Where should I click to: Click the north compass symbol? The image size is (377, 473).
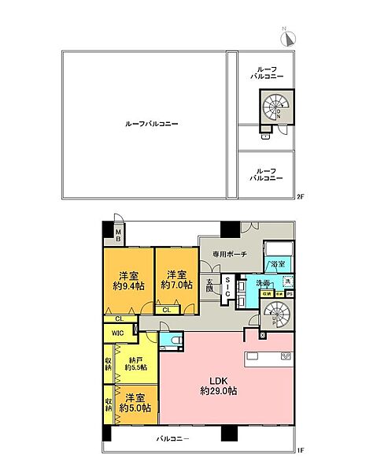click(x=287, y=37)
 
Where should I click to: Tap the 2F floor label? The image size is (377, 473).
click(x=300, y=197)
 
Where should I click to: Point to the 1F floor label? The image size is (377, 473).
click(x=300, y=450)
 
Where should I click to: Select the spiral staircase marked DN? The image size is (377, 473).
click(x=277, y=106)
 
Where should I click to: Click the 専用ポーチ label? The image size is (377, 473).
click(x=230, y=254)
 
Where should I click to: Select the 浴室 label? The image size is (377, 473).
click(x=277, y=265)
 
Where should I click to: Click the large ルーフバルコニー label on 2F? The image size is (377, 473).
click(x=152, y=124)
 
